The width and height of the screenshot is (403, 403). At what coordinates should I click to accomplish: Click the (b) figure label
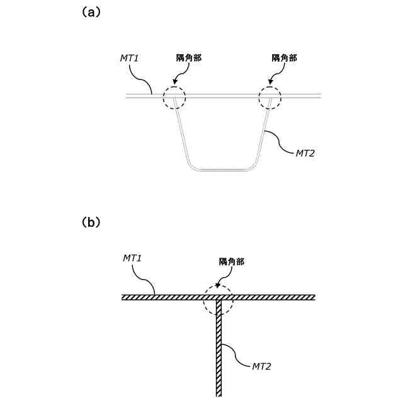click(88, 223)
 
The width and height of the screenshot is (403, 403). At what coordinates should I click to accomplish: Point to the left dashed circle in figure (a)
click(174, 98)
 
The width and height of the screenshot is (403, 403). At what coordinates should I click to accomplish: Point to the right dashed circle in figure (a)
click(270, 98)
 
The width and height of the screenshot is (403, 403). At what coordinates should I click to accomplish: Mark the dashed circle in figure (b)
click(218, 300)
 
